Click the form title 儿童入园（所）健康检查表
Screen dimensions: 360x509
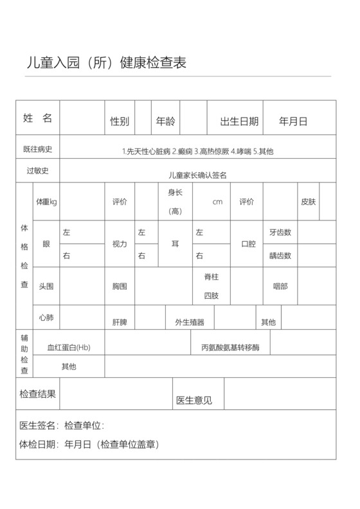(106, 63)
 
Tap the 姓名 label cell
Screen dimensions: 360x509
(37, 118)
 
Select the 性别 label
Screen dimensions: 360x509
(120, 121)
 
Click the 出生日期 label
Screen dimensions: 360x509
(239, 121)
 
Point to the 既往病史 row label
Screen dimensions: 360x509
(37, 149)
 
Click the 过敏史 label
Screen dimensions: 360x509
(37, 171)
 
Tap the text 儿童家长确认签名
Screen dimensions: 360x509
(197, 175)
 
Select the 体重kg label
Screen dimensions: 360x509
(46, 202)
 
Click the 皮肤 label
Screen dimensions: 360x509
(308, 202)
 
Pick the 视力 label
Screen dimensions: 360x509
(120, 244)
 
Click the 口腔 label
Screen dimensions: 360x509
(248, 244)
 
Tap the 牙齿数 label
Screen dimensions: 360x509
(280, 232)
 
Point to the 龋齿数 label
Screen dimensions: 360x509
(280, 256)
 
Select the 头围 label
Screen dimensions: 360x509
(46, 286)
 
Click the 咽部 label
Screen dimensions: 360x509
(280, 286)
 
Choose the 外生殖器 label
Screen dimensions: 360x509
(190, 322)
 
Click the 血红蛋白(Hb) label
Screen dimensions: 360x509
(69, 348)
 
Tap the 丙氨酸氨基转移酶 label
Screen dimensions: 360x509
(230, 348)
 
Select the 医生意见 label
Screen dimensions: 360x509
(194, 400)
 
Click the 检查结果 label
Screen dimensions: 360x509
(37, 394)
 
